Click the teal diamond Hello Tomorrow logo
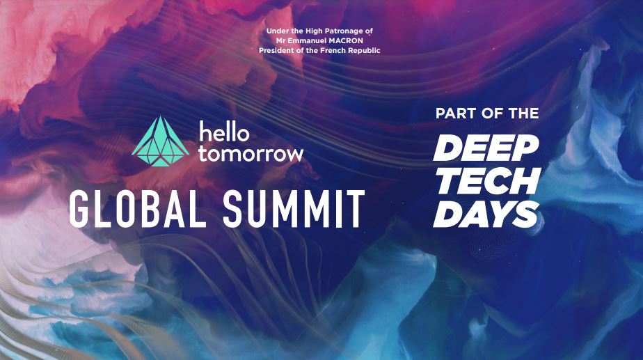click(160, 141)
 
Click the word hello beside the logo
click(224, 132)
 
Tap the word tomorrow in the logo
click(251, 154)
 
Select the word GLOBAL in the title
click(137, 208)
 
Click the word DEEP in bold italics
click(486, 148)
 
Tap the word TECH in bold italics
click(488, 180)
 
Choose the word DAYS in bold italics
click(486, 214)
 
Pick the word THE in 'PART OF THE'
click(524, 114)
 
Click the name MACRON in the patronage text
click(346, 40)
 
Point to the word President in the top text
click(275, 51)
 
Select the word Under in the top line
click(276, 31)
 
